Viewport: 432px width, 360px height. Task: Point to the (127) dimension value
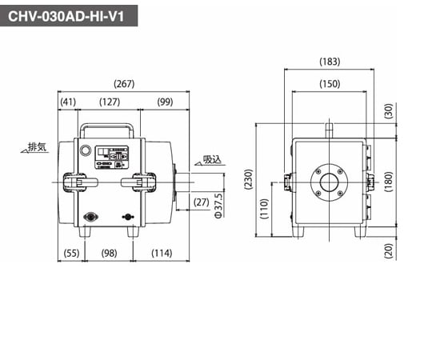(x=110, y=102)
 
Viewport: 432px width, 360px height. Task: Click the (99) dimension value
(x=165, y=102)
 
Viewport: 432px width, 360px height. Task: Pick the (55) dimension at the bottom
(x=70, y=254)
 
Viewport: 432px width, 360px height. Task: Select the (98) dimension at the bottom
(x=110, y=254)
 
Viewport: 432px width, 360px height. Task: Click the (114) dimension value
(x=162, y=254)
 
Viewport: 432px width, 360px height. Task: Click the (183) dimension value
(x=329, y=61)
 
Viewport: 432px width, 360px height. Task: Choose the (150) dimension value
(x=329, y=84)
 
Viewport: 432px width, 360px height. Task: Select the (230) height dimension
(x=248, y=181)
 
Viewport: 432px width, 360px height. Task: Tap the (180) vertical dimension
(x=388, y=181)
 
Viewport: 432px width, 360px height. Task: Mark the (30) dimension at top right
(x=388, y=112)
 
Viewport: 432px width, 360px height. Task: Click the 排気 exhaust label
(x=37, y=146)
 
